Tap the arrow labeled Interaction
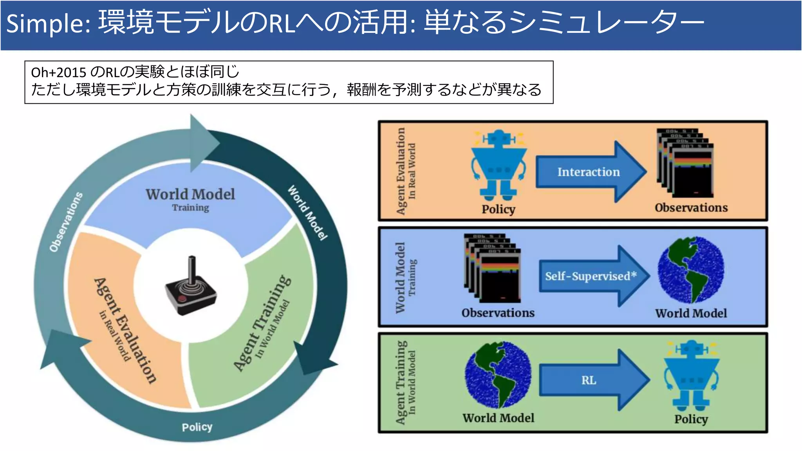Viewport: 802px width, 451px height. point(589,172)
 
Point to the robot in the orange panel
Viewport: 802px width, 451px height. point(499,164)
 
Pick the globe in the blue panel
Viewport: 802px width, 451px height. point(691,270)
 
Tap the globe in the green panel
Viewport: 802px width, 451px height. point(498,375)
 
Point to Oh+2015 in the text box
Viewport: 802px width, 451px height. point(58,72)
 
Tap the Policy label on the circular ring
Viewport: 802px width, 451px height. point(197,427)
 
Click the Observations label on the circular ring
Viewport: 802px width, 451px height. point(66,222)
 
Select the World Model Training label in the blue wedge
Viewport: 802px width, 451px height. point(190,199)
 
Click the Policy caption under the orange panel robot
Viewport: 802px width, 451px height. point(498,209)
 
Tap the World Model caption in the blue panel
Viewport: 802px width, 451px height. point(691,313)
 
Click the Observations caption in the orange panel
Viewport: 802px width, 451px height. point(691,207)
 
